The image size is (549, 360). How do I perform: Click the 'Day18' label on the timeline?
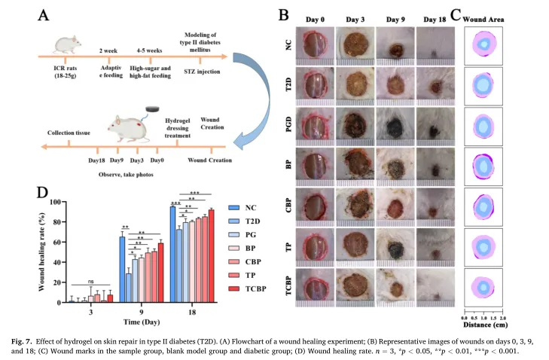coord(96,160)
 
